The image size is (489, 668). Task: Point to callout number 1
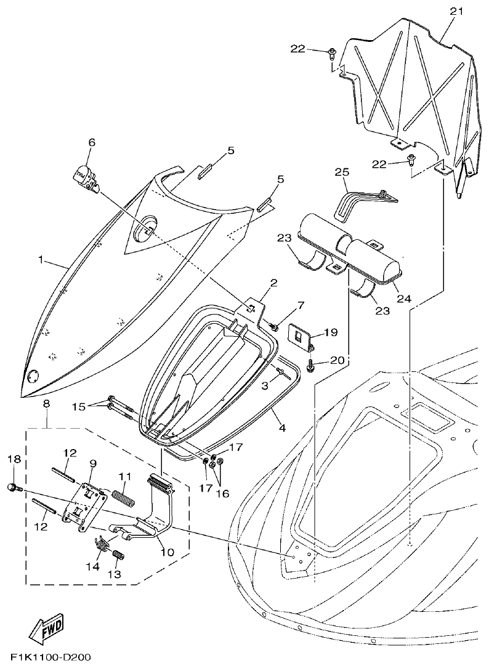tap(41, 260)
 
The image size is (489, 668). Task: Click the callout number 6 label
tap(91, 142)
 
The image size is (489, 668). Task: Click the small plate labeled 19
tap(301, 336)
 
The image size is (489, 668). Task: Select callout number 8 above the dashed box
tap(47, 404)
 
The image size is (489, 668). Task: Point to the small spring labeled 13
tap(119, 555)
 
